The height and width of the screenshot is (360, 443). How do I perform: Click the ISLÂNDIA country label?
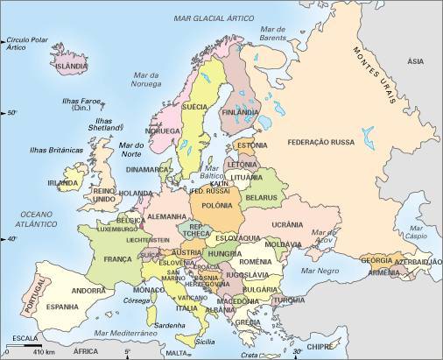point(72,66)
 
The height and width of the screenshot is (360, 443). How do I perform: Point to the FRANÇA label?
point(116,259)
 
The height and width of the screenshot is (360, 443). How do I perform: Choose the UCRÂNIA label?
point(287,224)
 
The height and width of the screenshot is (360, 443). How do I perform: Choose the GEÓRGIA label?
point(376,260)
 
